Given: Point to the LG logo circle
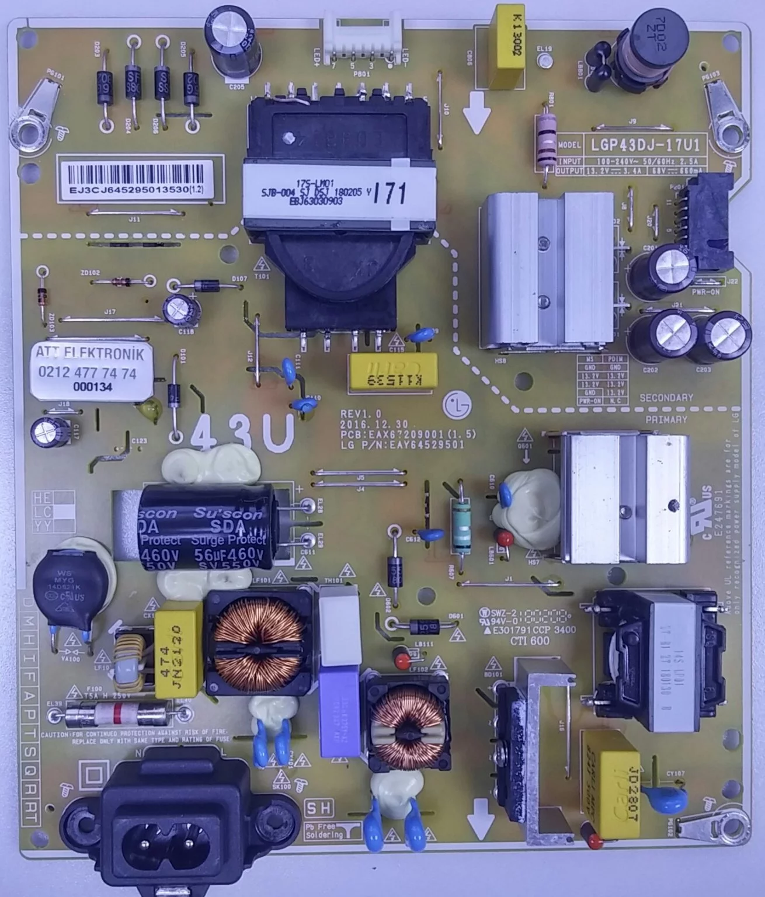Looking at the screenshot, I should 457,403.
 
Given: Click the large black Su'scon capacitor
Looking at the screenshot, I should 206,527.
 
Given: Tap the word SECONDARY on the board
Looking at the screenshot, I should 666,397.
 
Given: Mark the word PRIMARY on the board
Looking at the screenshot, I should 666,419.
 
